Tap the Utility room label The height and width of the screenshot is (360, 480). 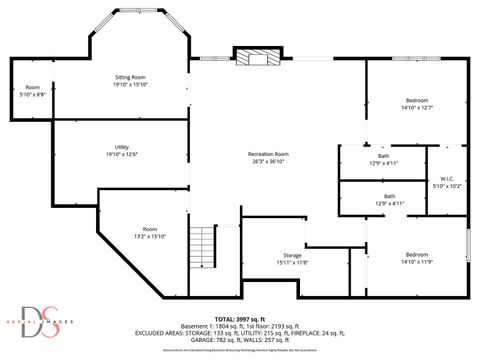(121, 147)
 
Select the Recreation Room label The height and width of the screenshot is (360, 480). (267, 153)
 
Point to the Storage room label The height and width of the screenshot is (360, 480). (292, 255)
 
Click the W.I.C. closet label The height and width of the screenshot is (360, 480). (447, 178)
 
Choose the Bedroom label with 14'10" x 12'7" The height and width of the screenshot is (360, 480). (417, 100)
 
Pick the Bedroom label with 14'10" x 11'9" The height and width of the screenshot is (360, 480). (417, 254)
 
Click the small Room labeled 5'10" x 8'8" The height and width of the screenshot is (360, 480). (32, 86)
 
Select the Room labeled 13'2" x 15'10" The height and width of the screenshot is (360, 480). (150, 229)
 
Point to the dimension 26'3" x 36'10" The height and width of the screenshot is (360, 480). (267, 161)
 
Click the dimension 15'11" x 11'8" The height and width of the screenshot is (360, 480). (292, 263)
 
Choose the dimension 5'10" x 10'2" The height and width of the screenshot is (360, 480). (447, 186)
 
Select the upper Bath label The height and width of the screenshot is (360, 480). (384, 155)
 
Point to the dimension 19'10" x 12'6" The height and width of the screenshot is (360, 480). (121, 155)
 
